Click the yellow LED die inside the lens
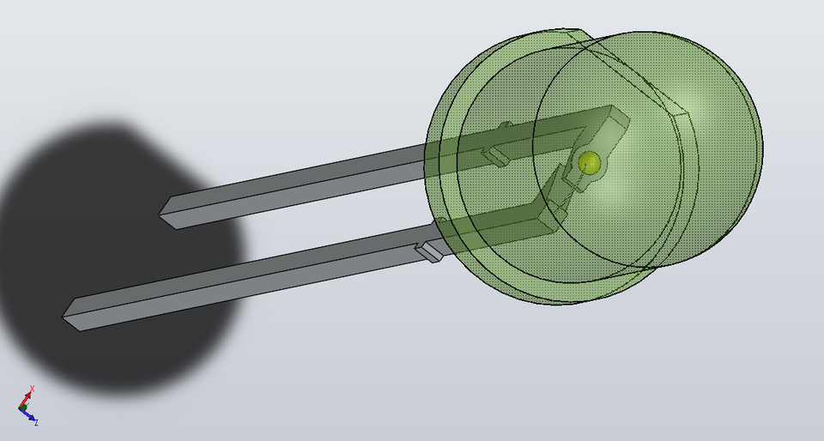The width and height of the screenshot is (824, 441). [589, 161]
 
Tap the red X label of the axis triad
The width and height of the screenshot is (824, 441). [32, 390]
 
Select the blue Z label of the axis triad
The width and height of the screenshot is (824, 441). [36, 422]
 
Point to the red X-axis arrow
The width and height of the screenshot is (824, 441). [27, 399]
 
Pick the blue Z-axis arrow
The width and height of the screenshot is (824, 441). [29, 417]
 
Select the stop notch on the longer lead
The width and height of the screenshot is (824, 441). [429, 251]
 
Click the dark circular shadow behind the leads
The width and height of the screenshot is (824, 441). [112, 257]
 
